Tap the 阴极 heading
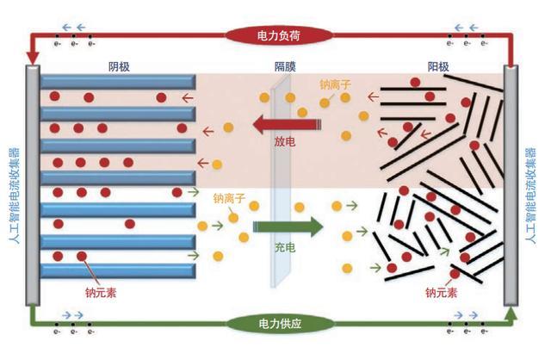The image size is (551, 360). tap(120, 66)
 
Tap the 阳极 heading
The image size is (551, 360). tap(439, 66)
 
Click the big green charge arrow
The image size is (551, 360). tap(288, 227)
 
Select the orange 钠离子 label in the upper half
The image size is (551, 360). tap(336, 85)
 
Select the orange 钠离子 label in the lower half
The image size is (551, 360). tap(230, 198)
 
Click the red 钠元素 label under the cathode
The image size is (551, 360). tap(101, 292)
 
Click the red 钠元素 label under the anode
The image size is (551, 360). tap(441, 292)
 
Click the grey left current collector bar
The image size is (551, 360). tap(33, 185)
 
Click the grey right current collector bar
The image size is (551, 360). tap(511, 185)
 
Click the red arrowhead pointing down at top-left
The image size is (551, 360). tap(33, 57)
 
